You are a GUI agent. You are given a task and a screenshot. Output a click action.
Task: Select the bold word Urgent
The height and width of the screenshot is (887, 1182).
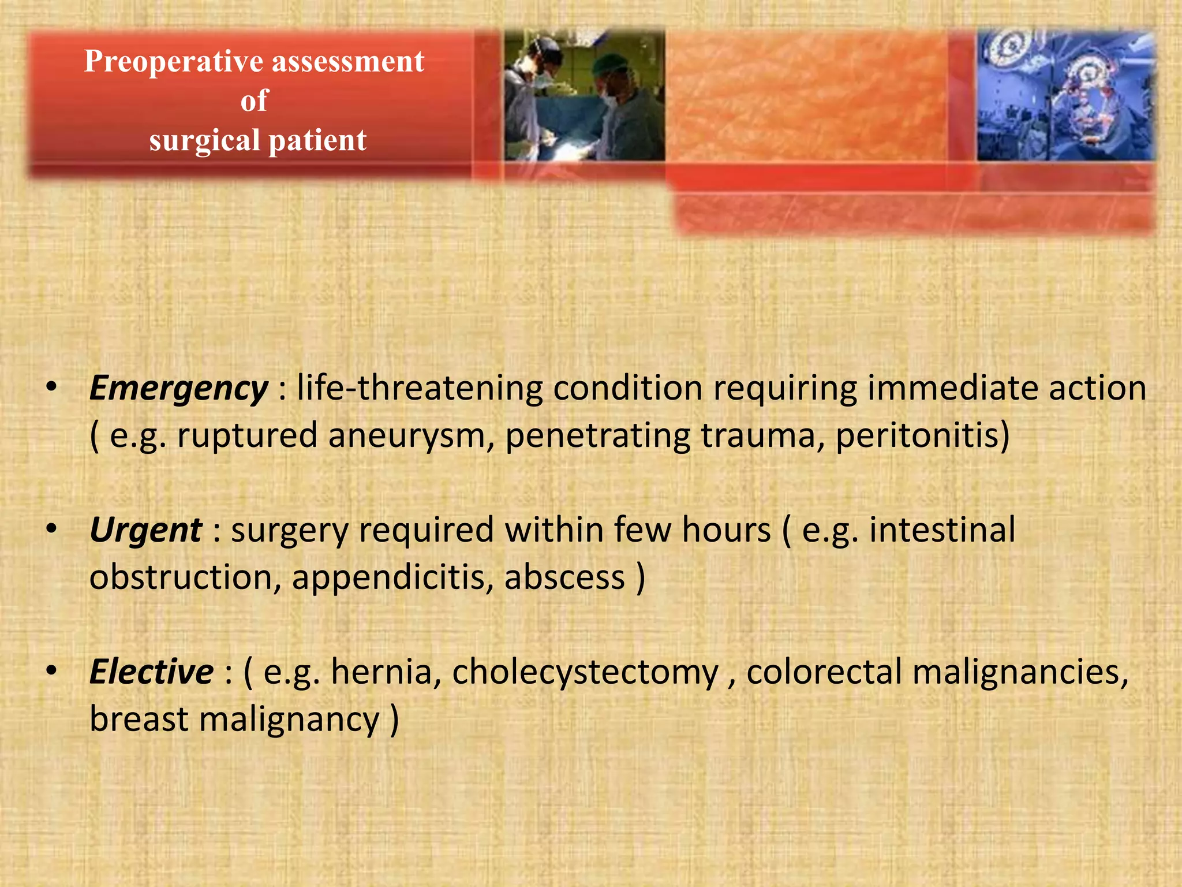145,531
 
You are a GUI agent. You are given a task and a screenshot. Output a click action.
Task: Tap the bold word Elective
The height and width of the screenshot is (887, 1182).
151,672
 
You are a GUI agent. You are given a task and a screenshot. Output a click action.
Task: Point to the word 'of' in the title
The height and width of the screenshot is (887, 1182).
255,100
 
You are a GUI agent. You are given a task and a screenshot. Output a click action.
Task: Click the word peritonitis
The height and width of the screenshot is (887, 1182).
917,436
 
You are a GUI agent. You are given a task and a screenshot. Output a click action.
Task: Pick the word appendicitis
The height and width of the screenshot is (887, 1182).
392,578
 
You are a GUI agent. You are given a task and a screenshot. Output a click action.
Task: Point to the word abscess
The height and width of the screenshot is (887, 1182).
564,578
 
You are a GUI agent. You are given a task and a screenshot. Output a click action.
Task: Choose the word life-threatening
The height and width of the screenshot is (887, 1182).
420,388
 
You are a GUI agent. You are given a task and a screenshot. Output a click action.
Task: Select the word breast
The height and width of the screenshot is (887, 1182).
139,720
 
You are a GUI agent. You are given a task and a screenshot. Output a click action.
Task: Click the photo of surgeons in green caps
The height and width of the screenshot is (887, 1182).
583,95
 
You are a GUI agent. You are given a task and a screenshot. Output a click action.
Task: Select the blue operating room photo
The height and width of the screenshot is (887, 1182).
1065,95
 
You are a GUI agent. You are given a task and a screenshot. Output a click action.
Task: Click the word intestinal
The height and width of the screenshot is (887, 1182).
942,531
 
